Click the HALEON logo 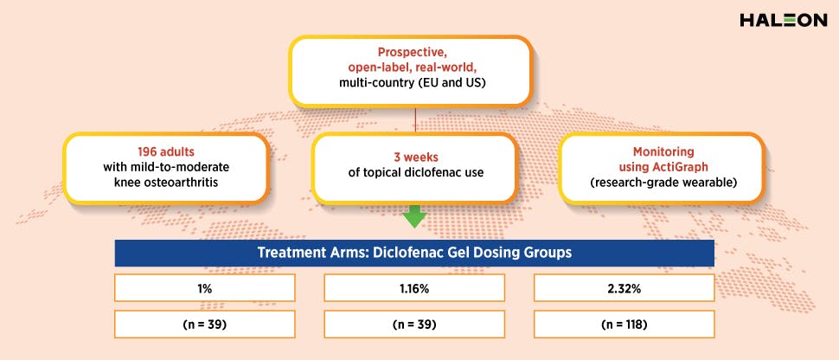point(783,20)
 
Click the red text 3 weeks point(415,158)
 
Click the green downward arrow point(415,216)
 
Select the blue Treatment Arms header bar point(415,253)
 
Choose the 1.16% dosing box point(415,287)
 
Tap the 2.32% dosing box point(624,287)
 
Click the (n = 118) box point(624,325)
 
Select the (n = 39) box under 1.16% point(415,325)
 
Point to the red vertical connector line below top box point(416,119)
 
